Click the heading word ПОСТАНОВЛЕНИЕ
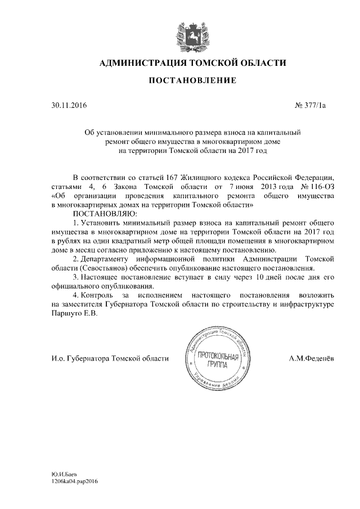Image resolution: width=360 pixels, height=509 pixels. pyautogui.click(x=192, y=81)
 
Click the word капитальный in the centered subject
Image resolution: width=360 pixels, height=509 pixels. pyautogui.click(x=278, y=132)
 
